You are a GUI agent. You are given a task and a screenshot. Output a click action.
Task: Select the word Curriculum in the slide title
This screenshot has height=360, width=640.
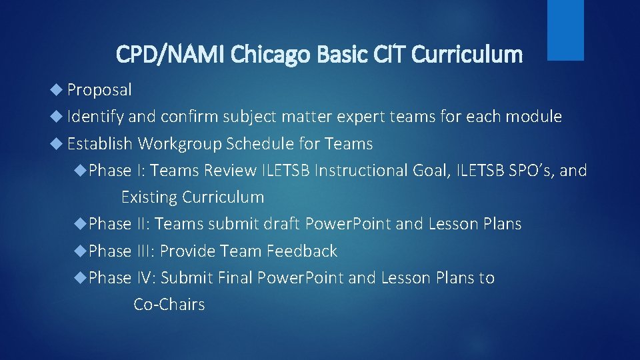click(x=467, y=54)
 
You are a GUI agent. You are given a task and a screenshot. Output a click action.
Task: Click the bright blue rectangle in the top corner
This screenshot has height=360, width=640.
click(x=565, y=29)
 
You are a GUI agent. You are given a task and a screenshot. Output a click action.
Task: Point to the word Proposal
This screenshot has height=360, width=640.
click(x=99, y=89)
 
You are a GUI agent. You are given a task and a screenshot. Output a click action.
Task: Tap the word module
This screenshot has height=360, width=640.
click(x=535, y=117)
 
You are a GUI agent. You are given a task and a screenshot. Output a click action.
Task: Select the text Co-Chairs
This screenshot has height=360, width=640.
click(x=169, y=305)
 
